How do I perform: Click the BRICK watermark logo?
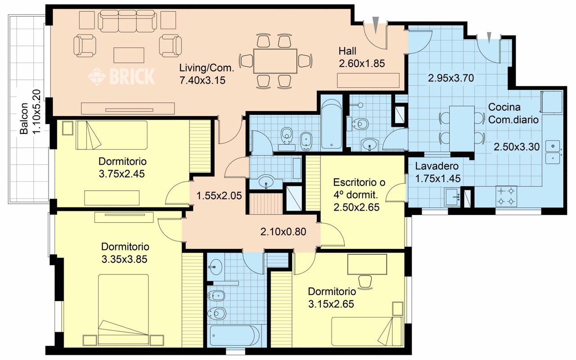pos(121,76)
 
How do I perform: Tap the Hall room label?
pos(347,51)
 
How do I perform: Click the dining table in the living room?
pos(275,61)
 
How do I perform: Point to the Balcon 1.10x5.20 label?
pos(30,112)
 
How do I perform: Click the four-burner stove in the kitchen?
pos(506,196)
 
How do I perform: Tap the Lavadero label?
pos(436,166)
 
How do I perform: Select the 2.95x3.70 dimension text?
pos(451,78)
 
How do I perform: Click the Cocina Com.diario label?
pos(513,113)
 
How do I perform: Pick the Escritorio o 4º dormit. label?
pos(359,189)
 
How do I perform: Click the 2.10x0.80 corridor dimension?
pos(283,232)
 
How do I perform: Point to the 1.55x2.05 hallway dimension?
pos(219,196)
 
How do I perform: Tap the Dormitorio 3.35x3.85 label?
pos(125,253)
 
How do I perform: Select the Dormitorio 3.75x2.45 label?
pos(122,168)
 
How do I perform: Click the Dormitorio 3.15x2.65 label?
pos(332,298)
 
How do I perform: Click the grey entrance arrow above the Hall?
pos(376,25)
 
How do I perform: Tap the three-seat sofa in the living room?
pos(127,21)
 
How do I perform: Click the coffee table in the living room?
pos(129,55)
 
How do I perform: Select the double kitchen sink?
pos(553,152)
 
